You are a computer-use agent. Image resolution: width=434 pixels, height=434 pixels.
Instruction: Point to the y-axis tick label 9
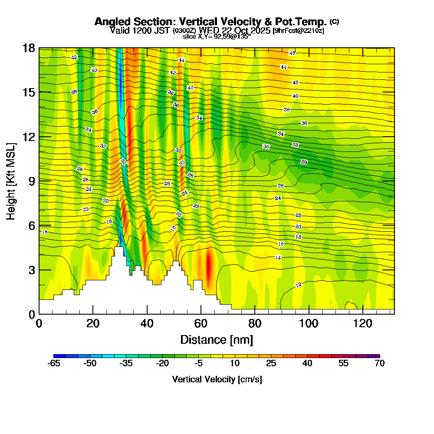coord(31,181)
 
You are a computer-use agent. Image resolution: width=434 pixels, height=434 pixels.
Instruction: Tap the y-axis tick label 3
coord(31,270)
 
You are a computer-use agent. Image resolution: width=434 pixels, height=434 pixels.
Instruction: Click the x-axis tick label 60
coord(201,324)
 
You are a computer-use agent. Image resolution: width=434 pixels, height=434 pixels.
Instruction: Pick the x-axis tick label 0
coord(39,324)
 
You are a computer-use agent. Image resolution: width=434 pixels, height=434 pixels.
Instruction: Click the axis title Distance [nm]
coord(217,339)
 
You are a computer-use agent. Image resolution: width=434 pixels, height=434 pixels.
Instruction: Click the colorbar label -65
coord(53,364)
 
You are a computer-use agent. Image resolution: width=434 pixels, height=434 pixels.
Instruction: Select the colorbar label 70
coord(379,364)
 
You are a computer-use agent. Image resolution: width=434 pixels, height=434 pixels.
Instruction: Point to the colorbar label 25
coord(271,364)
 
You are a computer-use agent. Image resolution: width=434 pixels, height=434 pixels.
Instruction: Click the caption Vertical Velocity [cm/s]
coord(217,380)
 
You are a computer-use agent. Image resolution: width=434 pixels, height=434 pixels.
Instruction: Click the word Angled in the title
coord(110,22)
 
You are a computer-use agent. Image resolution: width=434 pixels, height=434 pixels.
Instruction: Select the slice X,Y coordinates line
coord(217,36)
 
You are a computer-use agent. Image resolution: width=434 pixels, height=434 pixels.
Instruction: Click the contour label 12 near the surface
coord(299,285)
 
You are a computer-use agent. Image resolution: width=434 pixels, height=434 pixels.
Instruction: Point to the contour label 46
coord(292,53)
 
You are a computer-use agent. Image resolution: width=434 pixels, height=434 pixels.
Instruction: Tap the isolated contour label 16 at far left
coord(44,232)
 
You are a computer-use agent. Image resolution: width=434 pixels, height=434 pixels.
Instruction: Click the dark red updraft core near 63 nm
coord(209,267)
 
